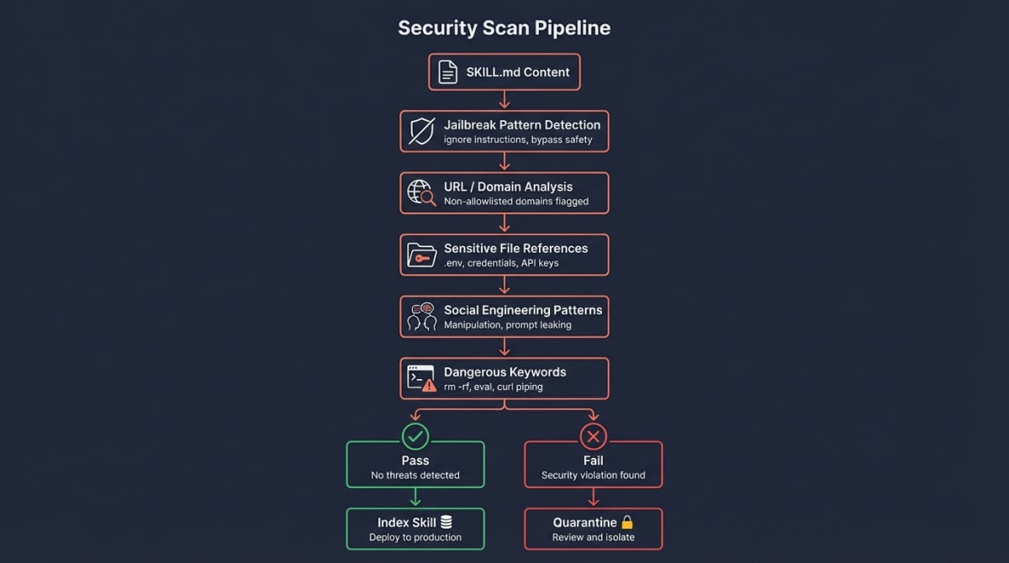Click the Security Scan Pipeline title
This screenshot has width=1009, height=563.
pos(504,28)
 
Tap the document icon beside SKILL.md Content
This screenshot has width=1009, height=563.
pos(447,72)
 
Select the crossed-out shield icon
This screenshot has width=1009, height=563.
pos(421,131)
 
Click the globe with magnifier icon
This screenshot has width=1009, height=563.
pos(421,192)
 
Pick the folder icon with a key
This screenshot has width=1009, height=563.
pos(421,255)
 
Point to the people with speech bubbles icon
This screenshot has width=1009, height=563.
pos(421,316)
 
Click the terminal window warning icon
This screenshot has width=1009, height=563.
pos(421,378)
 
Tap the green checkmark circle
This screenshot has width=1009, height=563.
pos(415,436)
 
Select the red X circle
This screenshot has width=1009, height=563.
pos(593,436)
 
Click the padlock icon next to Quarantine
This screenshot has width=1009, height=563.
pos(626,523)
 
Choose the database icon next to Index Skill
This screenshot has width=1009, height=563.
pos(446,523)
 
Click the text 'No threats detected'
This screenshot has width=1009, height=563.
pos(415,475)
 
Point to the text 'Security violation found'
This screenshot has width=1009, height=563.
pos(593,475)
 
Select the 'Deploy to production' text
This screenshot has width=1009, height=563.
pos(415,537)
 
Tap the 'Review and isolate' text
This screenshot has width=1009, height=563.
pos(593,537)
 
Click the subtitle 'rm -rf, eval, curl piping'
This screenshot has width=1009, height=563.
pos(493,387)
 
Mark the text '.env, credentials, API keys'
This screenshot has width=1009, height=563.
pos(501,263)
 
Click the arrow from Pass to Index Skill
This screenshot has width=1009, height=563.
pos(415,497)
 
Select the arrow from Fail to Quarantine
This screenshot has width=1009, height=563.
pos(593,497)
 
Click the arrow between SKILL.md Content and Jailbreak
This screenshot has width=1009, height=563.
pos(504,100)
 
